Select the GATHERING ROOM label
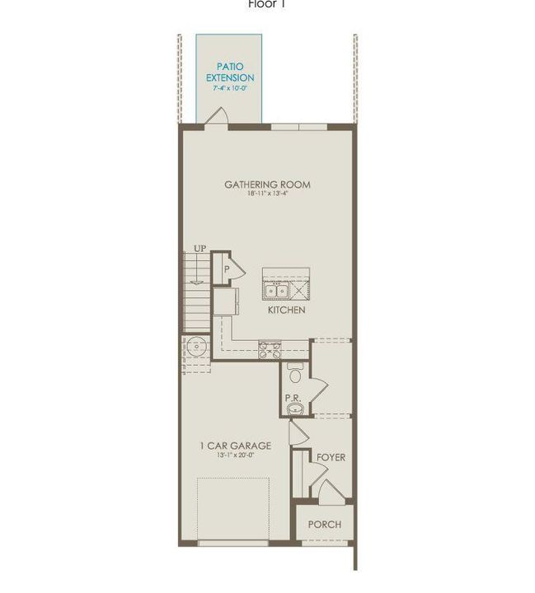[267, 184]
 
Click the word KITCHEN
[287, 311]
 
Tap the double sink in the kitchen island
[275, 290]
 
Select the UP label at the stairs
[199, 248]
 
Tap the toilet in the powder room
[295, 373]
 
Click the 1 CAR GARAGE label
[235, 446]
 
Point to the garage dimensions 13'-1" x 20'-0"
[235, 456]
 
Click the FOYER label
[331, 457]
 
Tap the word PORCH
[324, 525]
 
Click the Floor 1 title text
[267, 4]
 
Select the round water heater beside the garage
[196, 347]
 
